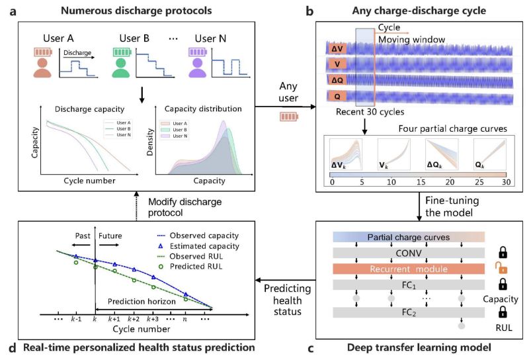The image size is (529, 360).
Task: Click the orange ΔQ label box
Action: (x=338, y=81)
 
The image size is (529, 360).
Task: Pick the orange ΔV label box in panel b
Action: (x=338, y=47)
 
